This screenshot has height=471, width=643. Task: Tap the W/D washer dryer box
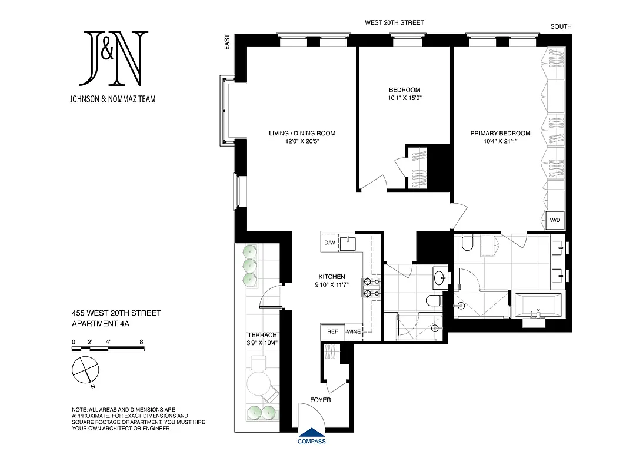coord(555,220)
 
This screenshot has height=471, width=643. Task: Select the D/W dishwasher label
coord(329,243)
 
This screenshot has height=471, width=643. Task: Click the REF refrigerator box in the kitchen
coord(332,332)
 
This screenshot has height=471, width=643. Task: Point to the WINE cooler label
coord(354,332)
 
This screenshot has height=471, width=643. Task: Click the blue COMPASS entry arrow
coord(311,436)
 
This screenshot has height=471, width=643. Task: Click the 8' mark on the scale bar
coord(141,341)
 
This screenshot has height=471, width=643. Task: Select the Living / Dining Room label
coord(302,133)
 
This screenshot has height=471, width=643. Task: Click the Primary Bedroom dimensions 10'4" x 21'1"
coord(500,142)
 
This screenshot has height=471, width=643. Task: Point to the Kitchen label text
coord(332,277)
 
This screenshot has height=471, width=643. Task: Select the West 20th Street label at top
coord(394,22)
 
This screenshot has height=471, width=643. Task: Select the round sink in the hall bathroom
coord(439,277)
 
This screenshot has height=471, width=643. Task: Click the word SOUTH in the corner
coord(560,26)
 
